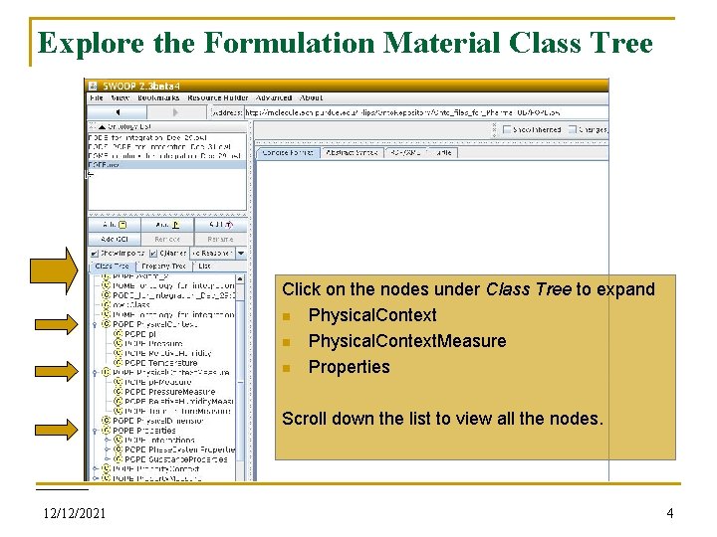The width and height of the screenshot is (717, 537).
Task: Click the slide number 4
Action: coord(670,514)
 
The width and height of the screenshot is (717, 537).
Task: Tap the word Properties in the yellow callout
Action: coord(349,367)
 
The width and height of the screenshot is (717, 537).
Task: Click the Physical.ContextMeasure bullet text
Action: coord(406,341)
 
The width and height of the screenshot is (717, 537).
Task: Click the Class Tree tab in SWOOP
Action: coord(112,267)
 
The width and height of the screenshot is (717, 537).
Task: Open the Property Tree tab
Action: coord(163,267)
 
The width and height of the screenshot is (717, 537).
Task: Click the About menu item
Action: coord(312,97)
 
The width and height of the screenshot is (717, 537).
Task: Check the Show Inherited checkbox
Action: coord(507,129)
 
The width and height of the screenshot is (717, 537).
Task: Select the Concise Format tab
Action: coord(288,152)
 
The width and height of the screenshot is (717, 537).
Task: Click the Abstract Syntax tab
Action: coord(353,152)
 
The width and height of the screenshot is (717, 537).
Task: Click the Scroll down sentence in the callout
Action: coord(442,419)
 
